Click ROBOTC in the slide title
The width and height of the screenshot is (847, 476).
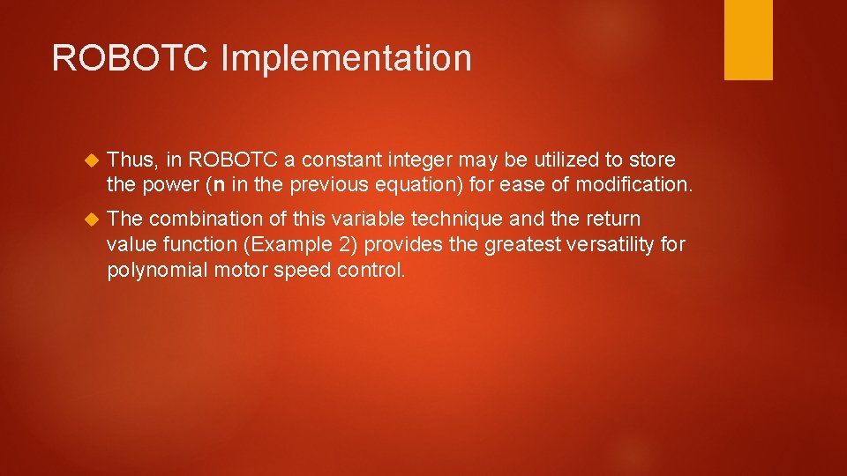[x=131, y=58]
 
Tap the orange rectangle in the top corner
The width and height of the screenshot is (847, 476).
[x=748, y=40]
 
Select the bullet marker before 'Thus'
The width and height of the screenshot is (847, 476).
[x=88, y=160]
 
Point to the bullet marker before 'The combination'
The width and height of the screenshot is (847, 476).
[x=88, y=219]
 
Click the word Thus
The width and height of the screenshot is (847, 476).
[x=131, y=160]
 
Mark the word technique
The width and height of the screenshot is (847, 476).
[x=453, y=219]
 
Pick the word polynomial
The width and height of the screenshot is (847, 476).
[x=158, y=270]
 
